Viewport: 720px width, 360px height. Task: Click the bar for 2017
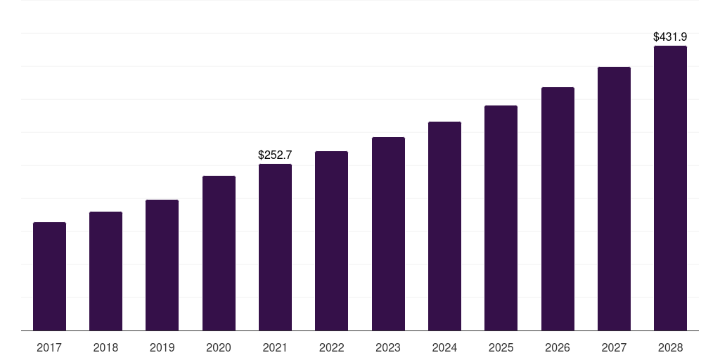click(x=49, y=276)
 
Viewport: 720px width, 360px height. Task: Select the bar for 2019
click(x=162, y=265)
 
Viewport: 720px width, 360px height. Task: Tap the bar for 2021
click(x=275, y=247)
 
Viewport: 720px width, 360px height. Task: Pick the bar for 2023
click(x=388, y=234)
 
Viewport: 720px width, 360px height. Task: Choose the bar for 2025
click(x=501, y=218)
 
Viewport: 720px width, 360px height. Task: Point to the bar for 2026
click(x=558, y=209)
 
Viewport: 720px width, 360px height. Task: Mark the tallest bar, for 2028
click(x=670, y=188)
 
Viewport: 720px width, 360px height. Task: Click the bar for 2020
click(x=219, y=253)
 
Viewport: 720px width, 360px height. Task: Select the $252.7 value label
click(x=275, y=155)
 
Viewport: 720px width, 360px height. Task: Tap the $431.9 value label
click(x=670, y=37)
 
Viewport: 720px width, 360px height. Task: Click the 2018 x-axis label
click(x=105, y=347)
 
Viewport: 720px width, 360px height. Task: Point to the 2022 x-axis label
click(x=331, y=347)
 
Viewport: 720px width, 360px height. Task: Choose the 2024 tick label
click(x=444, y=347)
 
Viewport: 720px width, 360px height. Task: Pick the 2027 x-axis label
click(x=614, y=347)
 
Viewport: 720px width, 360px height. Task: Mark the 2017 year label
click(x=49, y=347)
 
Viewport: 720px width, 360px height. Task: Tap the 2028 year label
click(x=670, y=347)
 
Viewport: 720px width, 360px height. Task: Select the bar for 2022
click(x=331, y=241)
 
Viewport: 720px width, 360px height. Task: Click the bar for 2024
click(x=444, y=226)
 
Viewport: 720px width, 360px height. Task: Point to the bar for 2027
click(x=614, y=199)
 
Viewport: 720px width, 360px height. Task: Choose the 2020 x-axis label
click(x=219, y=347)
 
